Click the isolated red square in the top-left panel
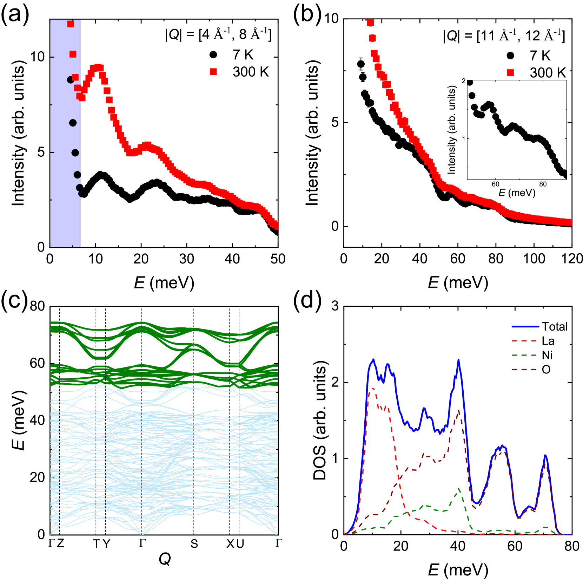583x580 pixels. click(213, 72)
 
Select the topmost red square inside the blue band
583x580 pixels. click(71, 24)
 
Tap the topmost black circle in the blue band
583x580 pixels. click(71, 80)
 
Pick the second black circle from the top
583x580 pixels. click(73, 123)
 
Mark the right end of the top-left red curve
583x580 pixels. click(276, 226)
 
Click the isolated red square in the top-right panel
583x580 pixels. click(510, 73)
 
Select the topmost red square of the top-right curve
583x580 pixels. click(370, 23)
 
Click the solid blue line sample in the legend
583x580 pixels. click(525, 327)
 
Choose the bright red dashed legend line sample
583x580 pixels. click(524, 341)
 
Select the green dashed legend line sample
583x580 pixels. click(524, 355)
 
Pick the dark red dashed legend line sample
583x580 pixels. click(524, 370)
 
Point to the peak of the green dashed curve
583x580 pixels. click(459, 488)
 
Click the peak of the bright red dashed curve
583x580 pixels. click(373, 388)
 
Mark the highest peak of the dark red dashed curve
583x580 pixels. click(459, 410)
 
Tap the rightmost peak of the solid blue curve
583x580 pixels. click(545, 455)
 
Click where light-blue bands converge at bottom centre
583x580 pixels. click(142, 534)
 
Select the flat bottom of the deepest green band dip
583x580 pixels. click(101, 358)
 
